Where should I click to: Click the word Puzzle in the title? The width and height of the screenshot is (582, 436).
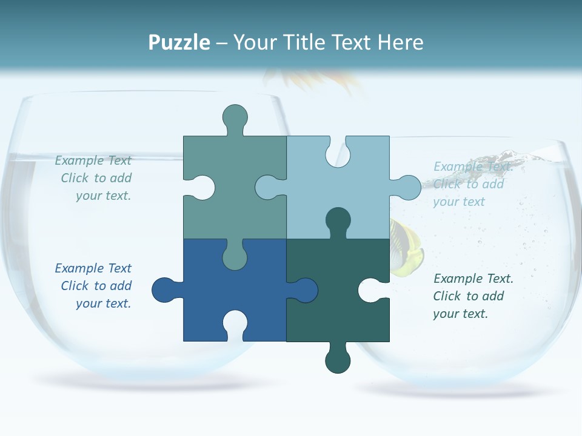coord(179,42)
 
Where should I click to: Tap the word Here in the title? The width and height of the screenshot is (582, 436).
coord(400,42)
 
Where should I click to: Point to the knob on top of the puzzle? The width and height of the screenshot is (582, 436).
coord(235,117)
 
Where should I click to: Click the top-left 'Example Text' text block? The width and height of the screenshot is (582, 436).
coord(95,178)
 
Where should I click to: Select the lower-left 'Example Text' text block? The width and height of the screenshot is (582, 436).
coord(95,286)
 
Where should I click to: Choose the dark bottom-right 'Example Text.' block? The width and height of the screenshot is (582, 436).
coord(472,296)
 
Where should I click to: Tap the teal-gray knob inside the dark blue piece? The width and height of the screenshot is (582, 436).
coord(235,254)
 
